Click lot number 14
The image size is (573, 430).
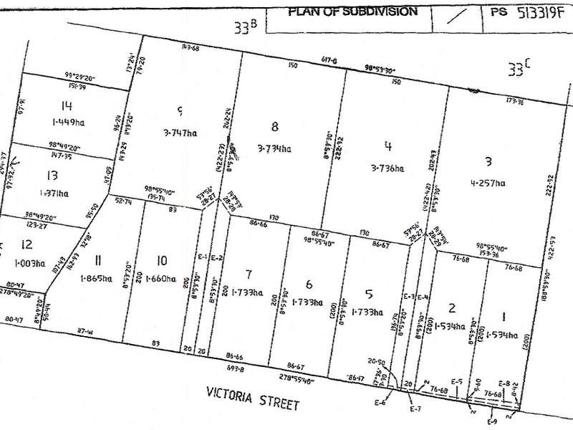coord(47,106)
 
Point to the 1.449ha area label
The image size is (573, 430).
coord(47,121)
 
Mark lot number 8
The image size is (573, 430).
coord(274,127)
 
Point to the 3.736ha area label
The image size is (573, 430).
coord(387,168)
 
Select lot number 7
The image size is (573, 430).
coord(249,274)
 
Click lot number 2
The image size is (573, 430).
coord(451,308)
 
